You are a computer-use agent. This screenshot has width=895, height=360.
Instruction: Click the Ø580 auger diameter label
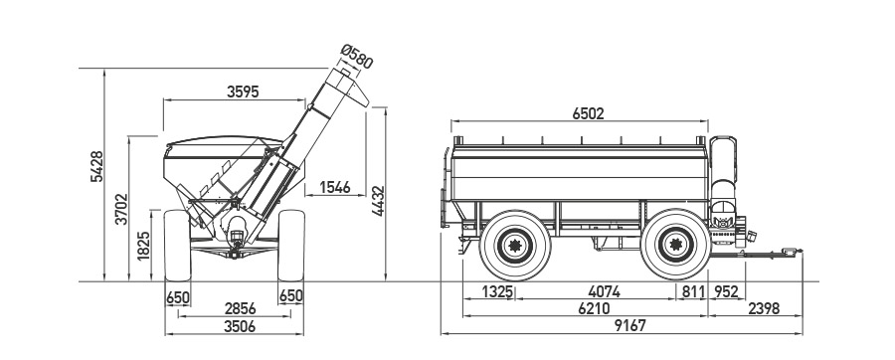point(357,57)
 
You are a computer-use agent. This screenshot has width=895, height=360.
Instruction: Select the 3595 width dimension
point(243,91)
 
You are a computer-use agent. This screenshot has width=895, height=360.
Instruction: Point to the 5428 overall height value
point(97,167)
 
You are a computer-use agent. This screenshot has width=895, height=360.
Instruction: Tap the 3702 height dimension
point(121,208)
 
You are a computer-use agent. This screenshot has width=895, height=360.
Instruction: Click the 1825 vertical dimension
point(144,246)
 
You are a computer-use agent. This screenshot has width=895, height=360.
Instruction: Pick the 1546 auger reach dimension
point(334,187)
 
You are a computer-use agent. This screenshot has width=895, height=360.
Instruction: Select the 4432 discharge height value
point(378,201)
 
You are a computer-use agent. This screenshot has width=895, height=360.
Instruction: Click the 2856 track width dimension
point(241,308)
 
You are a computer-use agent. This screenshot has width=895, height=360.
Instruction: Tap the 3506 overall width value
point(240,326)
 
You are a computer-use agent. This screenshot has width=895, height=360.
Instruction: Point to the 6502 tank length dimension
point(588,113)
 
